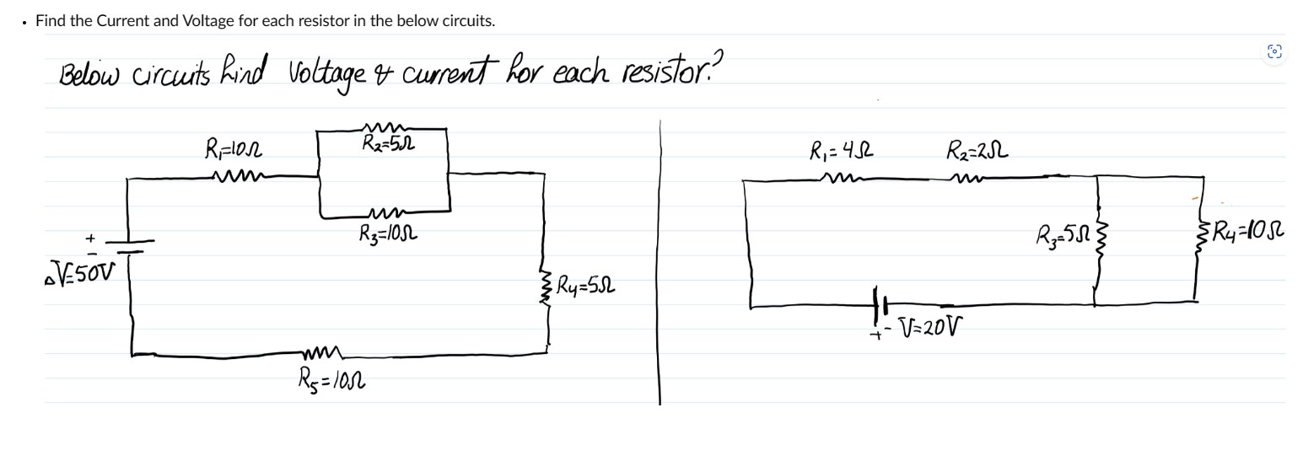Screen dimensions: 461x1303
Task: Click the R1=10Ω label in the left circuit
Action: tap(234, 151)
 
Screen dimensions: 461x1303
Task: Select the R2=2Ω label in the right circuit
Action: tap(977, 153)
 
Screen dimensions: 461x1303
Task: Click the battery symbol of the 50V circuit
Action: tap(129, 245)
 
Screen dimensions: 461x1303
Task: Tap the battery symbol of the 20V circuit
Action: tap(881, 302)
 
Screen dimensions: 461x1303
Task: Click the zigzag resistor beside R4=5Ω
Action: tap(547, 287)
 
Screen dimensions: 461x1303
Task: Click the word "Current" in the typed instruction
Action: tap(122, 21)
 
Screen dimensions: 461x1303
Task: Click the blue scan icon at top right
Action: tap(1274, 51)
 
